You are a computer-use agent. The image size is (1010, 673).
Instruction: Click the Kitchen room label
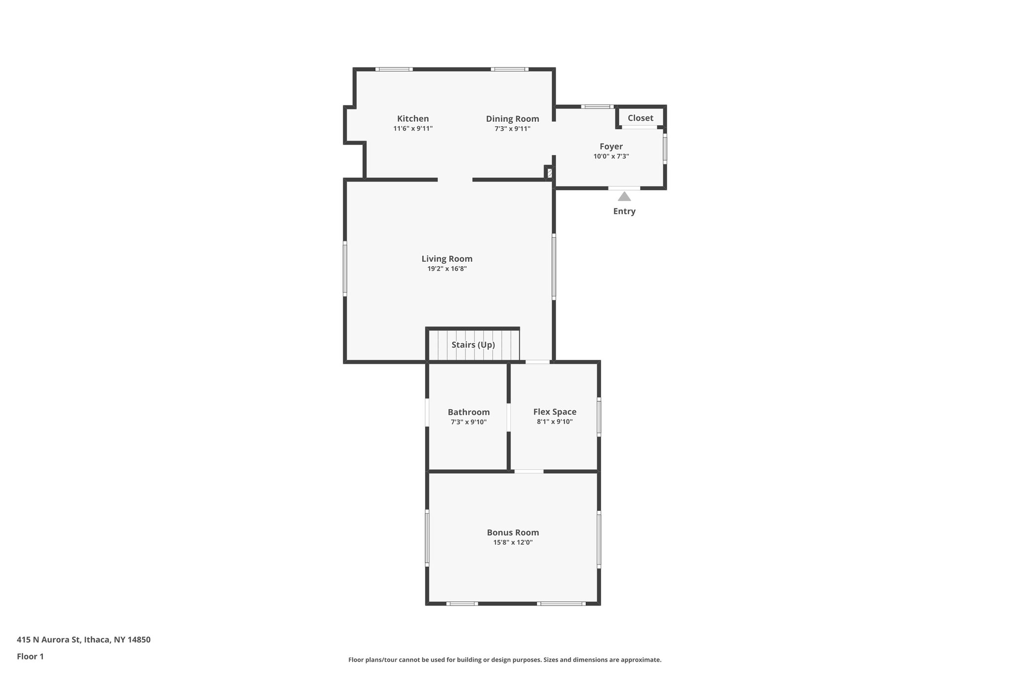tap(413, 119)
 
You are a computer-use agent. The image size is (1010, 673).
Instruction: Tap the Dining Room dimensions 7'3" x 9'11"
tap(512, 129)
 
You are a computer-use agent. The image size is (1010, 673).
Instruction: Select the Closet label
tap(640, 118)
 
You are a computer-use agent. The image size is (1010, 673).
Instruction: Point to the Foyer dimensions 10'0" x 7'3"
tap(611, 157)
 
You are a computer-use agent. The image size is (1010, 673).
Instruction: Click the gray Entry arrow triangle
tap(624, 197)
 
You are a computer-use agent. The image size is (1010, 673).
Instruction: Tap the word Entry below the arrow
tap(624, 212)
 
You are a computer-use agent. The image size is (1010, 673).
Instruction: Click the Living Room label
tap(447, 259)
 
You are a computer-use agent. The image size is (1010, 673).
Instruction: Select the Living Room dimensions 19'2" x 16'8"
tap(447, 269)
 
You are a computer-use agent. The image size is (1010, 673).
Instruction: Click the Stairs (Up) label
tap(473, 345)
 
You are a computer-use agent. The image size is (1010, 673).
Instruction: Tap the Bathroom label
tap(469, 412)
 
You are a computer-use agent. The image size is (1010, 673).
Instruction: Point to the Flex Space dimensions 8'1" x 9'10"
tap(554, 422)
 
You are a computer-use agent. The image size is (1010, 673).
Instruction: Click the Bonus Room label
tap(513, 532)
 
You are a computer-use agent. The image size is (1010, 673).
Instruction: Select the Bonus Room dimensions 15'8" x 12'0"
tap(513, 543)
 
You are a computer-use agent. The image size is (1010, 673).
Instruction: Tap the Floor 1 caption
tap(30, 657)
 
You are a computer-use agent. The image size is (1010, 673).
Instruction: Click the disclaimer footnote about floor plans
tap(505, 660)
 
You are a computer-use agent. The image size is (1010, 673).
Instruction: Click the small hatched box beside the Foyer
tap(549, 173)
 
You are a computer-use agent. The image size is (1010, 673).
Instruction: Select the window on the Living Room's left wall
tap(345, 269)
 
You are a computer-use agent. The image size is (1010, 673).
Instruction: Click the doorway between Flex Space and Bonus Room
tap(529, 471)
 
